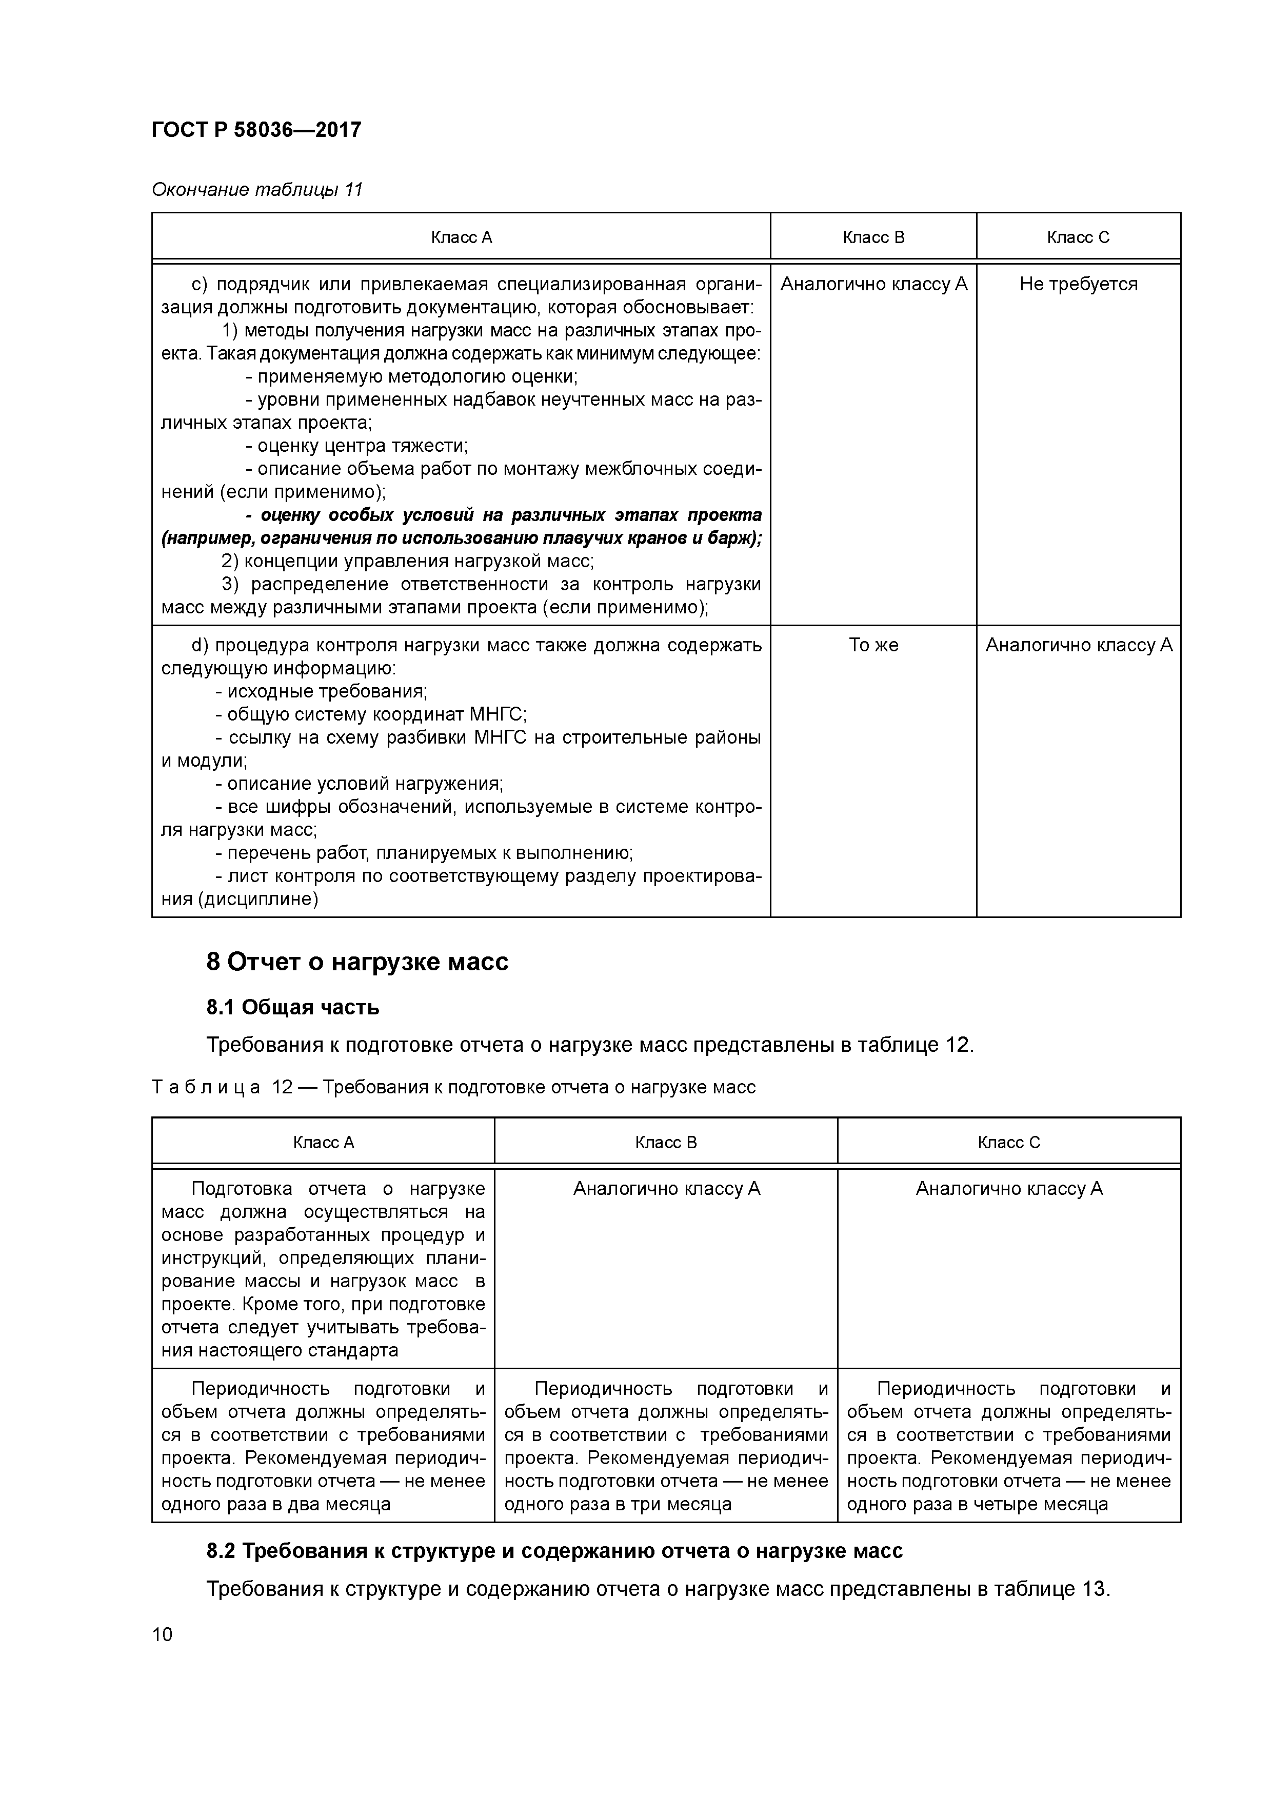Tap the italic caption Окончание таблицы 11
[x=256, y=190]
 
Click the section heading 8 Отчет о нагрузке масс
[x=357, y=962]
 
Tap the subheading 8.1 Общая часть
[x=293, y=1007]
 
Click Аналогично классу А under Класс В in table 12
[x=666, y=1189]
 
